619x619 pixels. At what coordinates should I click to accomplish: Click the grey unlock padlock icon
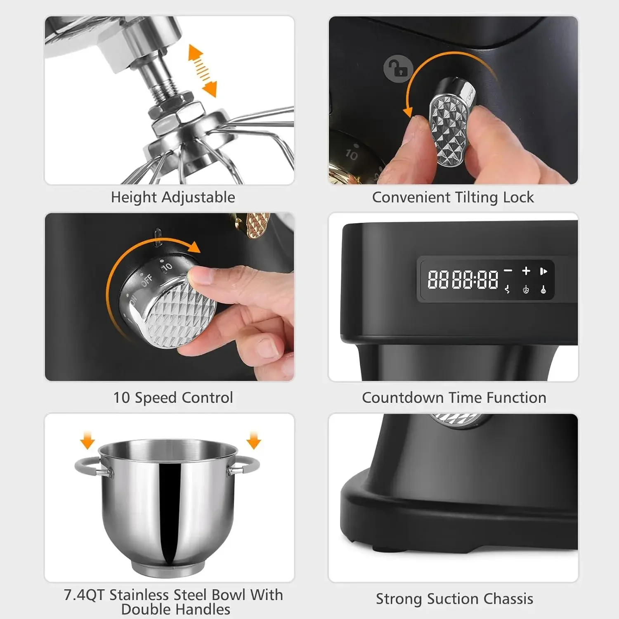point(398,69)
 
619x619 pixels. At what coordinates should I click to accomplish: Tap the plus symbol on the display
point(526,271)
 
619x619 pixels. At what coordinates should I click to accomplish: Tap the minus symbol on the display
point(508,271)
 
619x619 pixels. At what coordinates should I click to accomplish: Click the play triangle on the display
point(543,271)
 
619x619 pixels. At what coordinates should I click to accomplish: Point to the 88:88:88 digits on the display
point(463,279)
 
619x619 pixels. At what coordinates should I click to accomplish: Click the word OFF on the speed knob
point(147,280)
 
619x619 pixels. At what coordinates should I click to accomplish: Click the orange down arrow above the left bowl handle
point(87,440)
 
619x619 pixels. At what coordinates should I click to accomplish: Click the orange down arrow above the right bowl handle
point(254,440)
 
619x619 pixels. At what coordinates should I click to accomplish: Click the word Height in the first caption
point(134,197)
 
